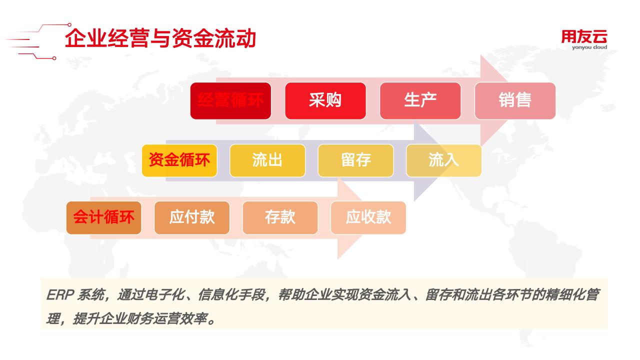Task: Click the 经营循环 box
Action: tap(230, 101)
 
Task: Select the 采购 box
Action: tap(325, 101)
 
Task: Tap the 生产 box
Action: tap(420, 101)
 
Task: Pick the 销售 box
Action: tap(515, 101)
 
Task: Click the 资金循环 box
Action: tap(179, 160)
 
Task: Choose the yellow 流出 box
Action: tap(267, 160)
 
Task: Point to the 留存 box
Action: tap(355, 160)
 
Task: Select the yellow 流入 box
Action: tap(443, 160)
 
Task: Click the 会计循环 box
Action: tap(103, 217)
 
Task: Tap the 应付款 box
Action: tap(192, 217)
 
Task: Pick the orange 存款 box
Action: tap(280, 217)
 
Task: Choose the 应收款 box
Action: tap(368, 217)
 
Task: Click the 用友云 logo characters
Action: tap(584, 37)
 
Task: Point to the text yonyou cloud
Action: tap(589, 47)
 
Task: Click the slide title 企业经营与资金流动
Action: tap(160, 38)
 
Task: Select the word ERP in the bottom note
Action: tap(60, 295)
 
